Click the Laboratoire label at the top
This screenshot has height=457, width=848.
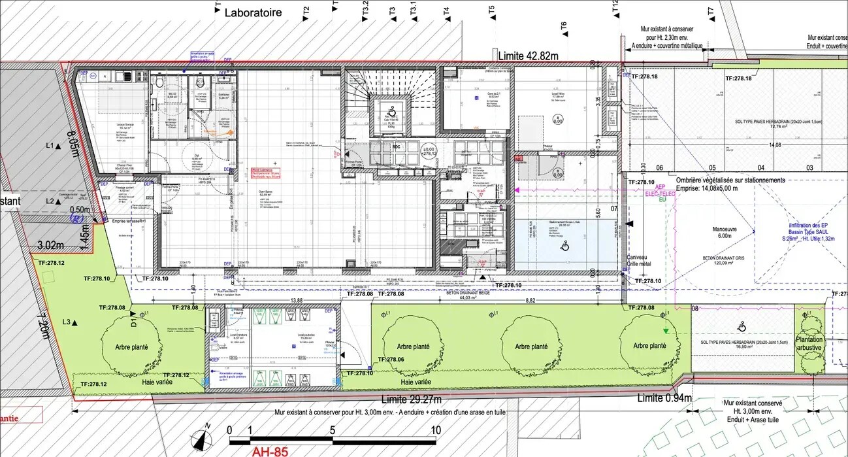[x=253, y=12]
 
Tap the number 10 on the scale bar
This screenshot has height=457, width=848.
[x=435, y=430]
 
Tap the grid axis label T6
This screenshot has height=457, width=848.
[x=564, y=26]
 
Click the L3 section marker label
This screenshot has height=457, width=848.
[x=67, y=322]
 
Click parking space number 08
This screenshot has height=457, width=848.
[x=694, y=309]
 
